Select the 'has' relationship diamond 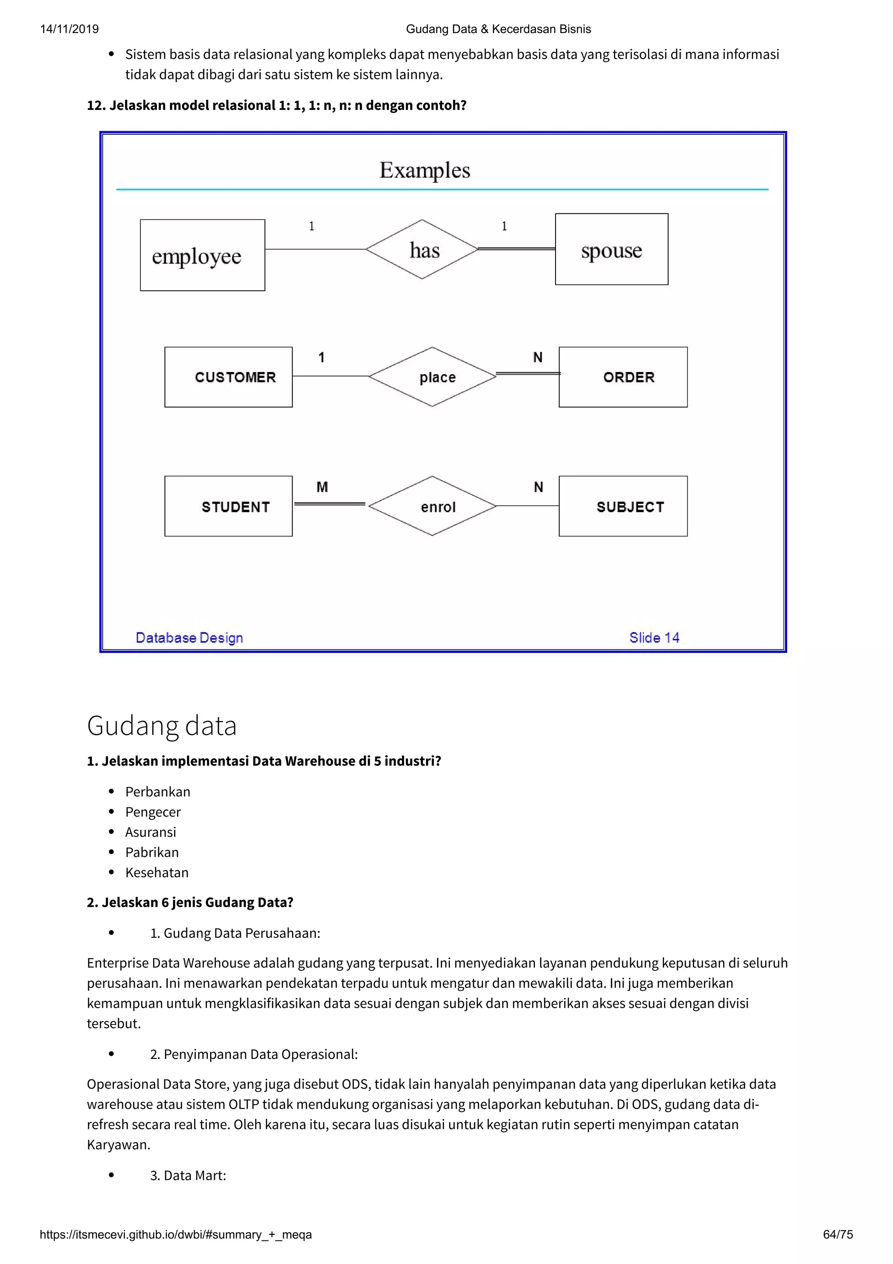(x=422, y=249)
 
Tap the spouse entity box (x=611, y=249)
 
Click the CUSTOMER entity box (x=228, y=377)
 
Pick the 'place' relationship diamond (x=433, y=377)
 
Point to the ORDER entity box (x=623, y=377)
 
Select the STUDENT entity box (x=228, y=506)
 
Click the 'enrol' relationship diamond (x=433, y=506)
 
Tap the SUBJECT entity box (x=623, y=506)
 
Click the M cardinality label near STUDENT (x=322, y=487)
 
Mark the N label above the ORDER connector (x=538, y=358)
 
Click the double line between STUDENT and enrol (x=330, y=504)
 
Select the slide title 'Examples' (x=424, y=170)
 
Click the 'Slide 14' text (x=654, y=638)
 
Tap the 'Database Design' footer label (x=189, y=638)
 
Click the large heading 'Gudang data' (x=162, y=726)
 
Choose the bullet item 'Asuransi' (x=151, y=832)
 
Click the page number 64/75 (x=838, y=1234)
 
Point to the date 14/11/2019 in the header (x=69, y=29)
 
